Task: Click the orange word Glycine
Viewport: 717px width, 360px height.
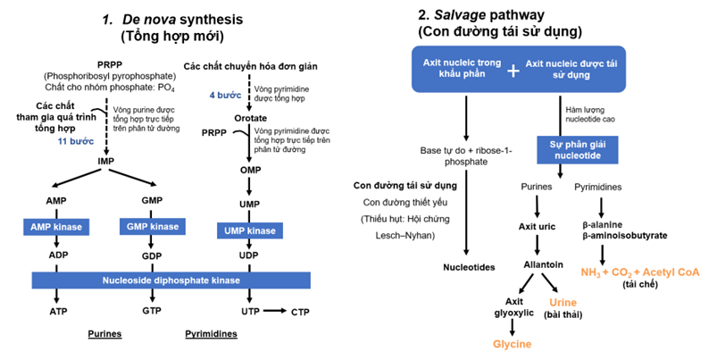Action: pyautogui.click(x=513, y=344)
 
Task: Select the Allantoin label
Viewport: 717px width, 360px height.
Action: pyautogui.click(x=542, y=265)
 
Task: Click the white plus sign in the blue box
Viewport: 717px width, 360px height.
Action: pyautogui.click(x=512, y=70)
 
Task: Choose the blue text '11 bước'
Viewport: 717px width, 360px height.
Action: pyautogui.click(x=76, y=141)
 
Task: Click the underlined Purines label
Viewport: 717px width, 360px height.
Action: pyautogui.click(x=104, y=335)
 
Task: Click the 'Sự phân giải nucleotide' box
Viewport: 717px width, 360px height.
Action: pyautogui.click(x=570, y=148)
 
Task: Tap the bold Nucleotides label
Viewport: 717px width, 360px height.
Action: pyautogui.click(x=469, y=266)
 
